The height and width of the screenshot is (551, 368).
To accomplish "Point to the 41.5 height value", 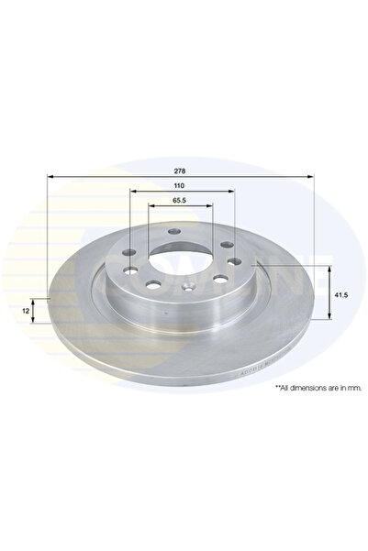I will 339,295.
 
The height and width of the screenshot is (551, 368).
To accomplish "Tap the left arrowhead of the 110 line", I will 133,193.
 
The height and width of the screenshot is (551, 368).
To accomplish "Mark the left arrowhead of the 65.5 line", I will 151,207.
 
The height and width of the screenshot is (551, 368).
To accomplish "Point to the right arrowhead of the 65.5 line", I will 213,207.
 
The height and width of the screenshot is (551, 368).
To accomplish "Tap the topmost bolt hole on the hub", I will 173,232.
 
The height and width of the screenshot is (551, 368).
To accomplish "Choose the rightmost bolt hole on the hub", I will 234,262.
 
